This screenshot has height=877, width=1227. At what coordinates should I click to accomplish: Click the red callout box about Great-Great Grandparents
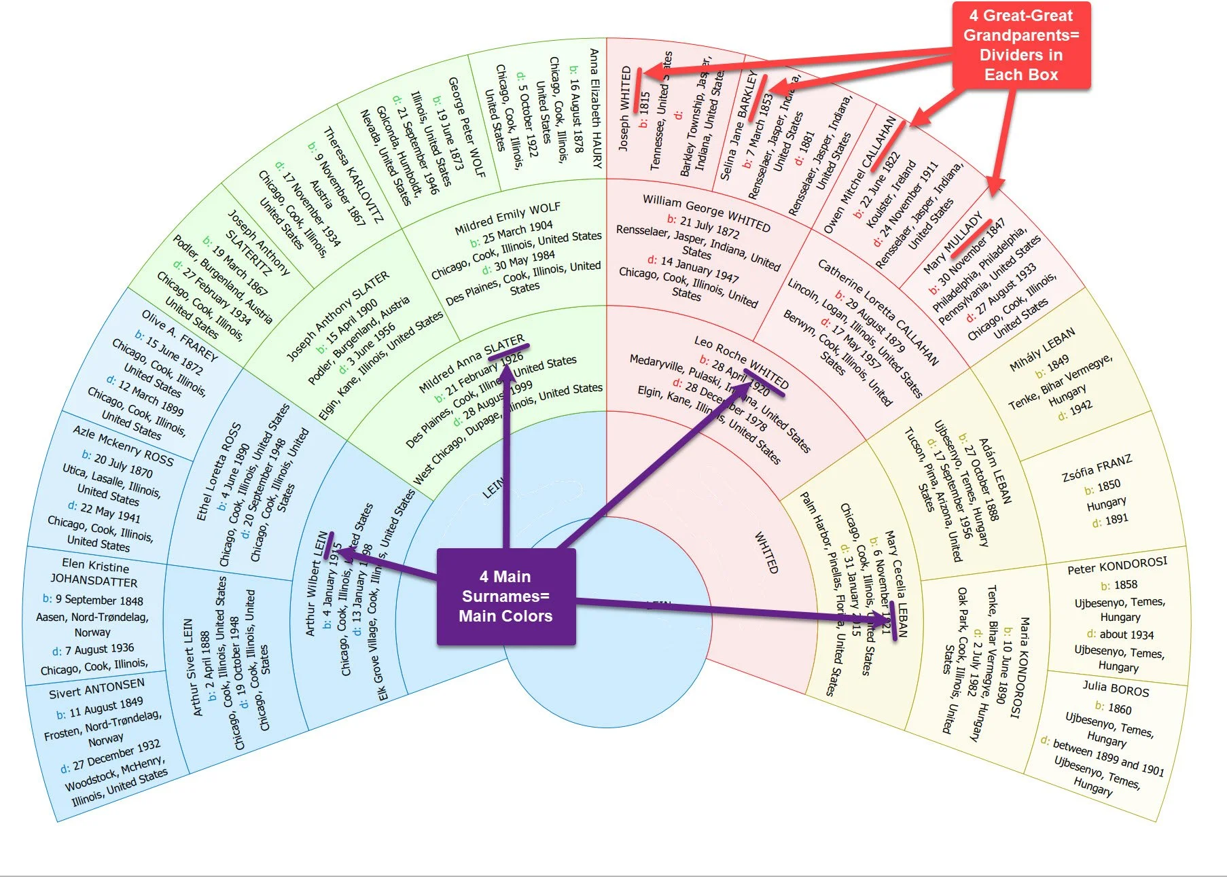[1020, 46]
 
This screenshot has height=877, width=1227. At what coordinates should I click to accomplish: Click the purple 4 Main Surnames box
[506, 596]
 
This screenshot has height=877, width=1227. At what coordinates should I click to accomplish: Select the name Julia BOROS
[1116, 690]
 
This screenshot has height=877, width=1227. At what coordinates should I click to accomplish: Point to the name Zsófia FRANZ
[1097, 468]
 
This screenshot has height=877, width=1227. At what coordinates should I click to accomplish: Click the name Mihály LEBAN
[1042, 350]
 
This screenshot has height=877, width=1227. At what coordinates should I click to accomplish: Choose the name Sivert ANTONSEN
[96, 689]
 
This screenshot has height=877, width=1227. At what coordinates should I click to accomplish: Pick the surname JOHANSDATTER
[94, 581]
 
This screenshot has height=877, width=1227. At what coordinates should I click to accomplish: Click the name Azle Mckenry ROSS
[123, 446]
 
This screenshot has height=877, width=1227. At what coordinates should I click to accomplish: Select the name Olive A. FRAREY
[179, 336]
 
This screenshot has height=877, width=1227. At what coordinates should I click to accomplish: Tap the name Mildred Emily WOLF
[508, 217]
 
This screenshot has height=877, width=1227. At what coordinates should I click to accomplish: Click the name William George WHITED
[707, 213]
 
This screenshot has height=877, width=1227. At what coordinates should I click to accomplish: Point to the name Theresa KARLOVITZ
[353, 175]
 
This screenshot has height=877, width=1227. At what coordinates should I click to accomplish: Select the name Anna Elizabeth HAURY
[595, 109]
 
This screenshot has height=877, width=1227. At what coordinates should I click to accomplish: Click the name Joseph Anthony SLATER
[338, 315]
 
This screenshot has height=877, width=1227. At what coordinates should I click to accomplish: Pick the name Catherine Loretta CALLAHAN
[878, 312]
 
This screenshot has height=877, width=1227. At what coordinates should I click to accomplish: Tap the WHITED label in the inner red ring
[766, 552]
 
